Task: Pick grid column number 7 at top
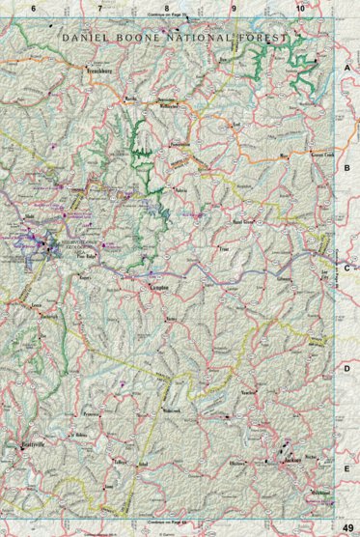pyautogui.click(x=99, y=8)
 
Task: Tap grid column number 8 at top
pyautogui.click(x=166, y=8)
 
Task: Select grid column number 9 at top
pyautogui.click(x=233, y=8)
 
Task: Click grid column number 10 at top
pyautogui.click(x=300, y=8)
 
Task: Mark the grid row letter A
pyautogui.click(x=346, y=70)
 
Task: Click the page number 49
pyautogui.click(x=346, y=526)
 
